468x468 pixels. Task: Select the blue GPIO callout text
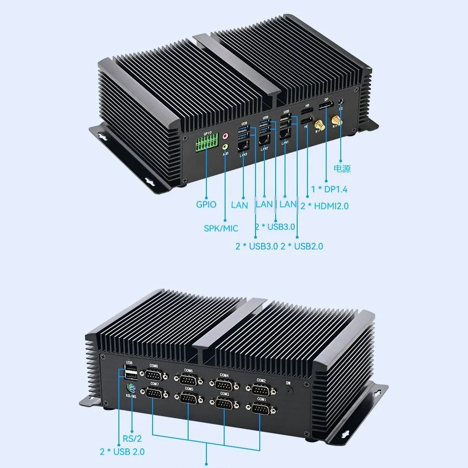206,204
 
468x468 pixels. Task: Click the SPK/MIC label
221,228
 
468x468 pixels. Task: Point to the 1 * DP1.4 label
329,190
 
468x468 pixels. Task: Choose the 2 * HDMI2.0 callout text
325,205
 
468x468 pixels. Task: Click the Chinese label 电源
342,169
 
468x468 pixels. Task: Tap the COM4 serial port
224,384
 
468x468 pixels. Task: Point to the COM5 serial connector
189,398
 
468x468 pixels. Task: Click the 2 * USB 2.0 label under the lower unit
122,452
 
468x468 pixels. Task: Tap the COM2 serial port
261,389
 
